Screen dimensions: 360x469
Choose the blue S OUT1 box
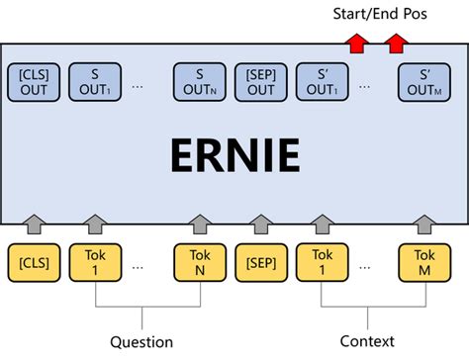[x=94, y=82]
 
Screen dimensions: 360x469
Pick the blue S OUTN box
[x=200, y=82]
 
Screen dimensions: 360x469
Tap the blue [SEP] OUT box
[x=261, y=82]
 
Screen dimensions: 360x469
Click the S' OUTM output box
[x=423, y=82]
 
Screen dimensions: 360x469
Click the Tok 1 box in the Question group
[x=94, y=262]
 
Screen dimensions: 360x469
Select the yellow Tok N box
[x=200, y=262]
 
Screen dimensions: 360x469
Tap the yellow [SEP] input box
[x=261, y=262]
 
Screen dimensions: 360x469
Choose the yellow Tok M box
[x=423, y=262]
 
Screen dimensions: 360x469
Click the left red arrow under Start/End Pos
[x=355, y=42]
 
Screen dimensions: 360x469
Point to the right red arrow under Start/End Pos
[x=397, y=42]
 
